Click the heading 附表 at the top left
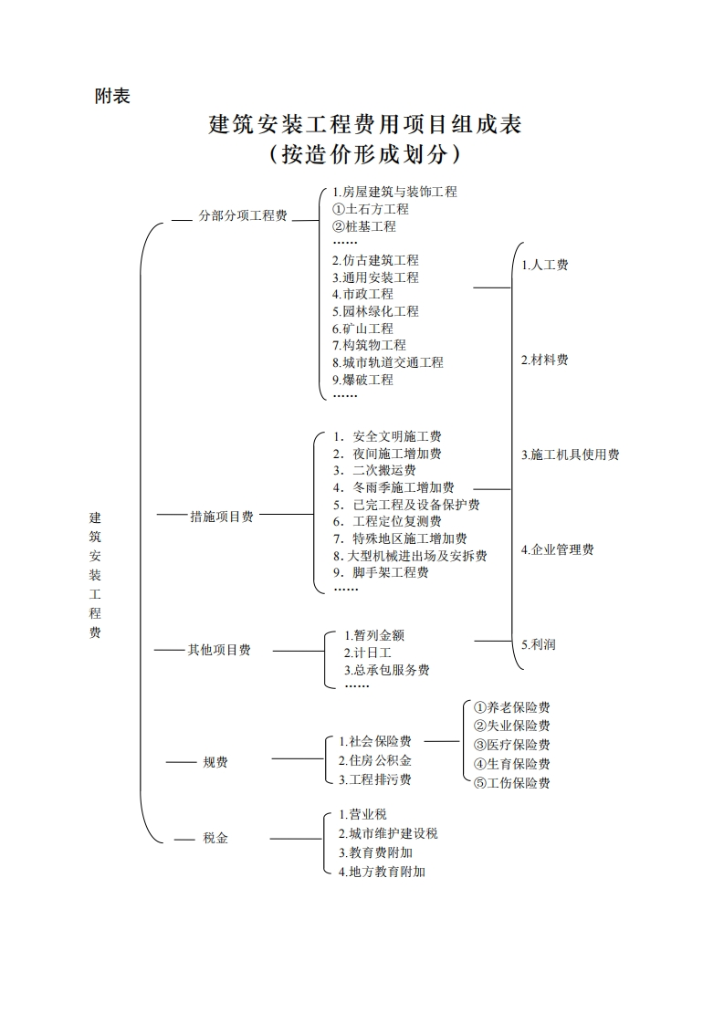click(x=112, y=96)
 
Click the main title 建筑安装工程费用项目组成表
click(x=365, y=124)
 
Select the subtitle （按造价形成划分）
click(x=364, y=154)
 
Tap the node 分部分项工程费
click(x=243, y=216)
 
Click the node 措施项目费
click(x=222, y=517)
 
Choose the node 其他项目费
click(x=219, y=650)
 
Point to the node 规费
click(x=215, y=762)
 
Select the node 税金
click(x=215, y=838)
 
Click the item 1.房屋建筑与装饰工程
click(x=394, y=192)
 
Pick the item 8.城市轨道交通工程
click(x=387, y=362)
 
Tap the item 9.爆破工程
click(x=362, y=380)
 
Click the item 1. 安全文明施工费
click(x=387, y=436)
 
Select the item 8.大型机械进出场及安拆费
click(x=410, y=556)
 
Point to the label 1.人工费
click(x=545, y=265)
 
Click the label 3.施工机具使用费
click(x=571, y=455)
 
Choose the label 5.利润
click(x=539, y=644)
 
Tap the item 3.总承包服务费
click(x=386, y=670)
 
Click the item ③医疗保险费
click(x=511, y=745)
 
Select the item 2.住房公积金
click(x=374, y=760)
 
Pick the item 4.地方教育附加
click(x=381, y=872)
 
